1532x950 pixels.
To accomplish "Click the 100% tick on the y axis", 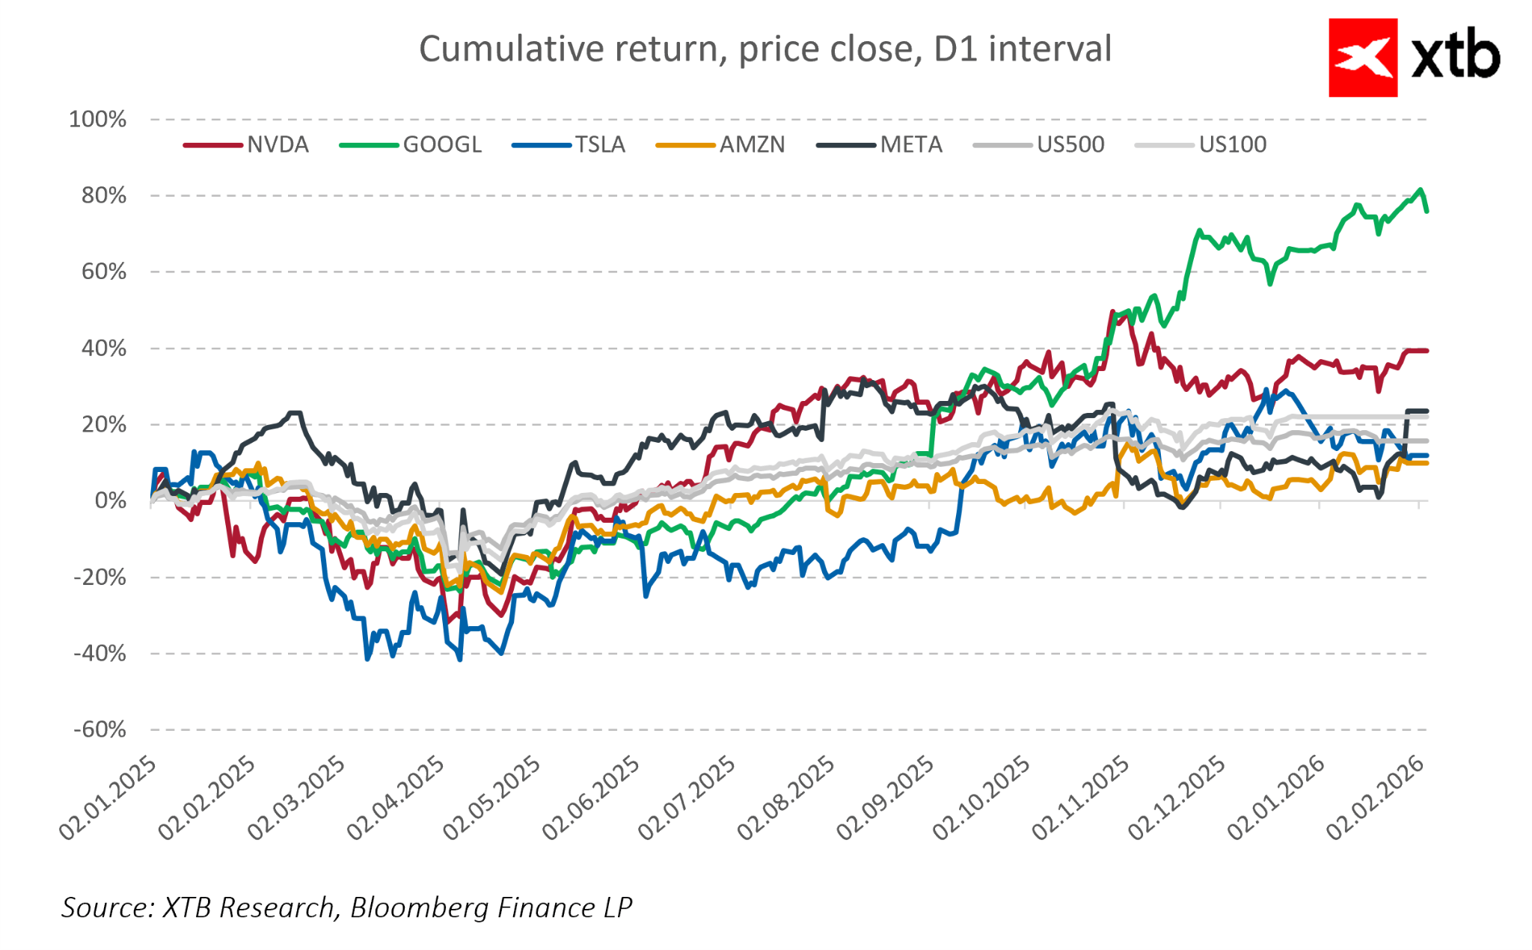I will (x=98, y=120).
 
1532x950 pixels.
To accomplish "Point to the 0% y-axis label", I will (x=110, y=501).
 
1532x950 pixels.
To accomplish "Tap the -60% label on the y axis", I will (x=99, y=730).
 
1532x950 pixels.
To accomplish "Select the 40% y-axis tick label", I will (x=104, y=349).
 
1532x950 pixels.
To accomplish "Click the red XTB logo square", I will (x=1362, y=58).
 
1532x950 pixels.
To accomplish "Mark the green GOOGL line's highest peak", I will (x=1420, y=190).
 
